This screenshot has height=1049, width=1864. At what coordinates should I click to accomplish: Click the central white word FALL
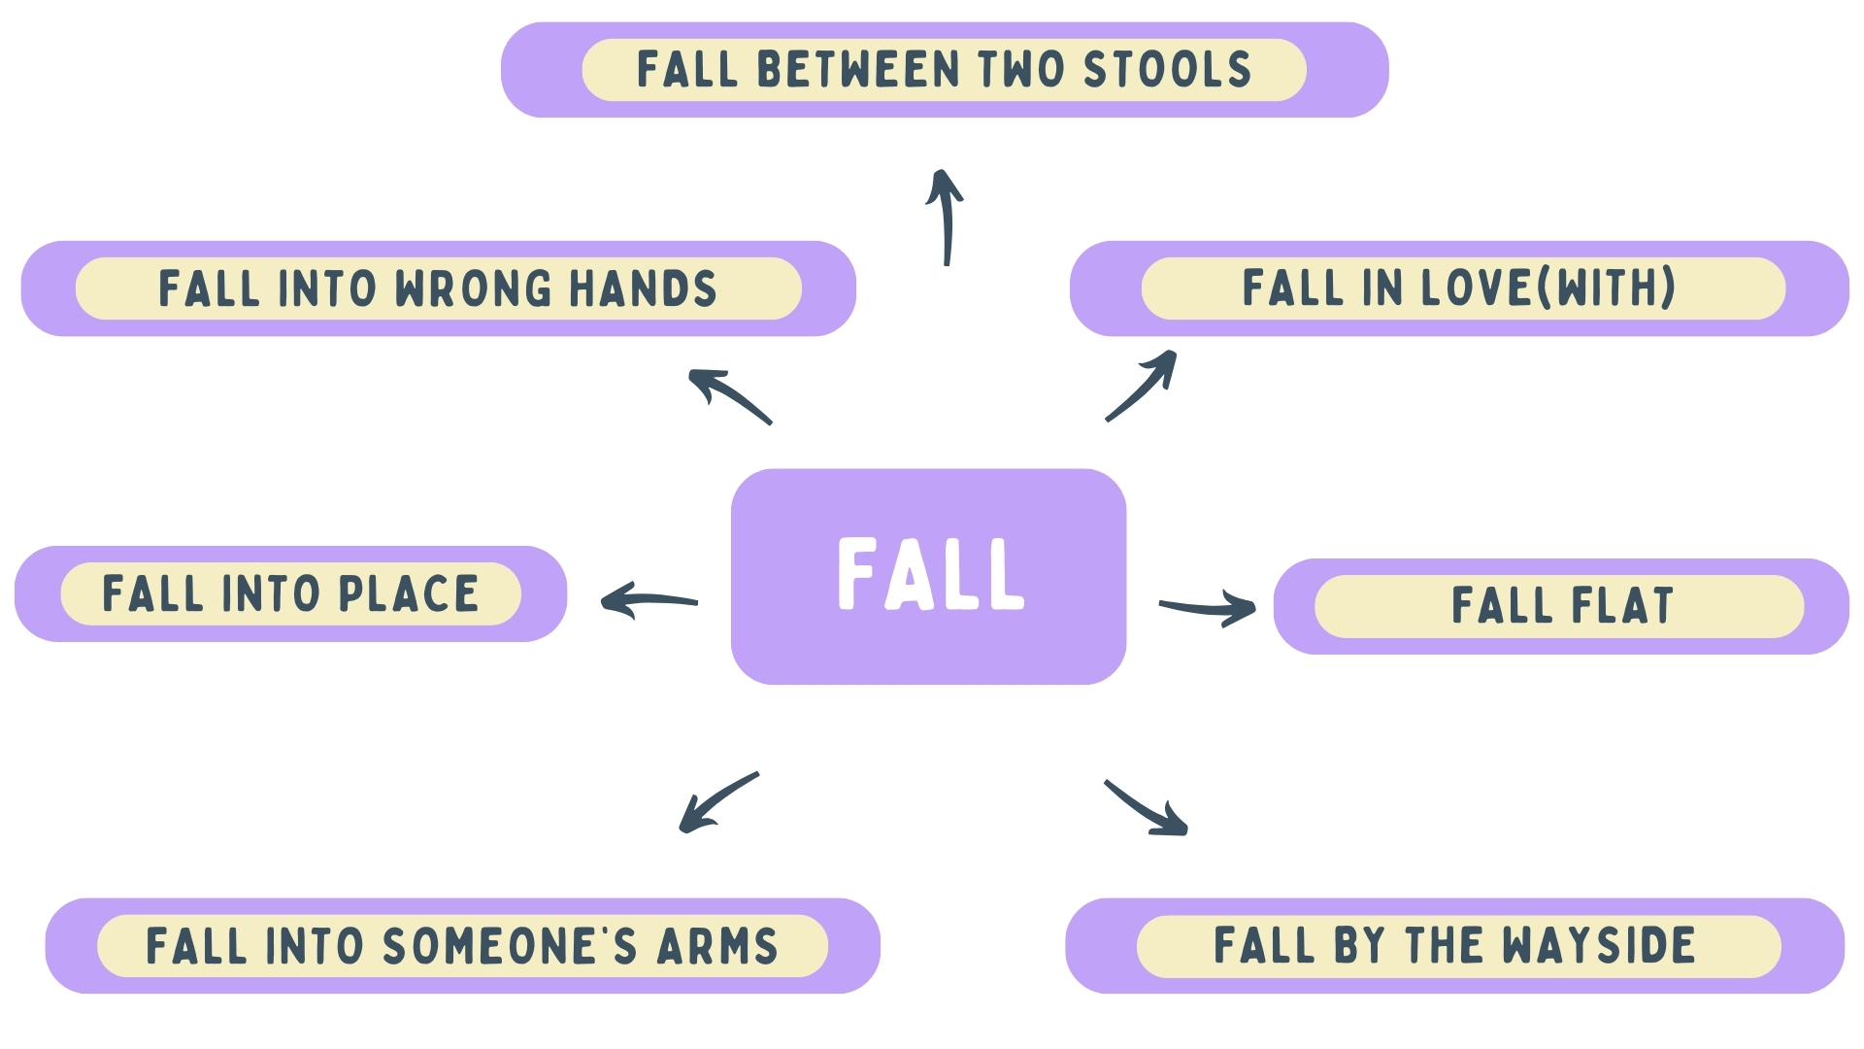(930, 574)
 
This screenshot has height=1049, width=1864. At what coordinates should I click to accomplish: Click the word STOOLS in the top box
(1167, 70)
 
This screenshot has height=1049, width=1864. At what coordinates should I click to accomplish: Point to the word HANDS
(643, 288)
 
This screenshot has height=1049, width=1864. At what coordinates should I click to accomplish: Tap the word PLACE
(408, 594)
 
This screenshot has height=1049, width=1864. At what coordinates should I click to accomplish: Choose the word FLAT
(1622, 605)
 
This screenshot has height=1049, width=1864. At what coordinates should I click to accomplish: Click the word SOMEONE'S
(510, 946)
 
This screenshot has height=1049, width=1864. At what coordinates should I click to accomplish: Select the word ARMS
(717, 946)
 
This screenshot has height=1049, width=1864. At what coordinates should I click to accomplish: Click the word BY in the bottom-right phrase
(1358, 945)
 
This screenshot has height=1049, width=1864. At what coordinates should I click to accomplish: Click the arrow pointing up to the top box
(946, 216)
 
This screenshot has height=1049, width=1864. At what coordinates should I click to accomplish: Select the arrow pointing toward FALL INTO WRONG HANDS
(728, 395)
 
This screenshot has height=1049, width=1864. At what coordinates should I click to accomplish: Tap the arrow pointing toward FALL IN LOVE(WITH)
(1144, 385)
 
